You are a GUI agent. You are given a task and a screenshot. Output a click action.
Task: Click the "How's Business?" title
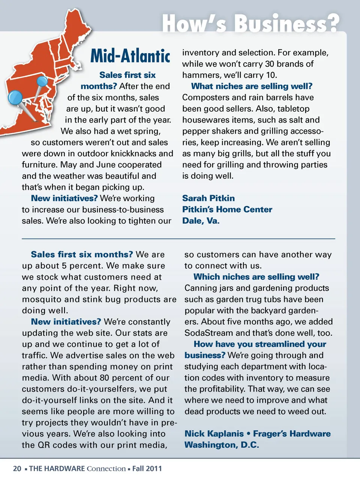(x=250, y=23)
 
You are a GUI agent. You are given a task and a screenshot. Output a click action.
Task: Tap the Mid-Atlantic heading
(x=130, y=56)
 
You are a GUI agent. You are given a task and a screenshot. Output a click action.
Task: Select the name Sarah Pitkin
(x=208, y=198)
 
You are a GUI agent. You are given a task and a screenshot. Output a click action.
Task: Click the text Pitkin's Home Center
(x=227, y=209)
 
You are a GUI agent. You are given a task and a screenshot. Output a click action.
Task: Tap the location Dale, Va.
(x=201, y=221)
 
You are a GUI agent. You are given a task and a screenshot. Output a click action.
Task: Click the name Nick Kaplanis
(x=214, y=434)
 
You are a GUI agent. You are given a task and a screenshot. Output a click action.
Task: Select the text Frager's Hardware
(x=292, y=434)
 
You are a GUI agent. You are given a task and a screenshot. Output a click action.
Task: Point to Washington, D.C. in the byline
(x=222, y=445)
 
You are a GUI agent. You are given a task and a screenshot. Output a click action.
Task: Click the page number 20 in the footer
(x=17, y=468)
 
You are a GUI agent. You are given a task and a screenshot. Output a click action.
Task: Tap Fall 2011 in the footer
(x=147, y=468)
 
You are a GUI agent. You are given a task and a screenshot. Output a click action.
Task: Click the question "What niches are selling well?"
(x=252, y=86)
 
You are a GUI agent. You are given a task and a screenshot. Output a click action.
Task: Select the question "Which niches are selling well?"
(x=256, y=277)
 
